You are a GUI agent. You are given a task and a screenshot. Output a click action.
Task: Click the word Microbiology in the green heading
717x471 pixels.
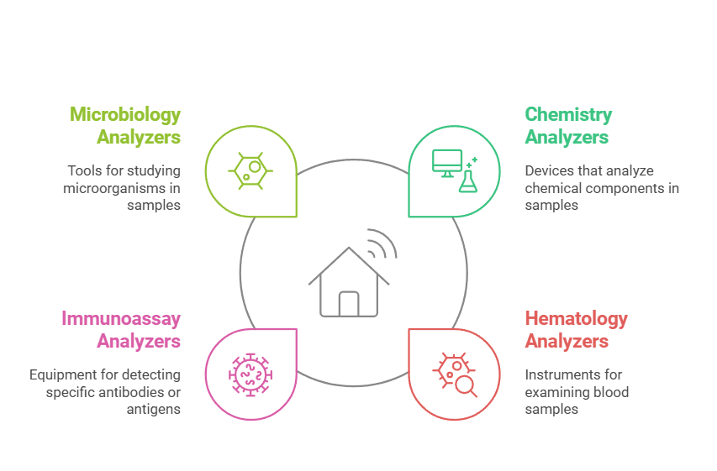[x=125, y=115]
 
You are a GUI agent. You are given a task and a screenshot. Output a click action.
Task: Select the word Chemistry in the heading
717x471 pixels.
[x=568, y=115]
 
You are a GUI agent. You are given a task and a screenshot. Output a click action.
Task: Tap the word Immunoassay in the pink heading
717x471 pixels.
[x=121, y=319]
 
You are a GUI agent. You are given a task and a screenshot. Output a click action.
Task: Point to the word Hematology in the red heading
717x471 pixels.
[x=576, y=319]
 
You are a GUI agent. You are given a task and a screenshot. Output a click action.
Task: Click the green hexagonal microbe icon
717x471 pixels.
[x=250, y=171]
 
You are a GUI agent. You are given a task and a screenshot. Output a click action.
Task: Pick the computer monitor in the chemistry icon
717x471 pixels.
[x=446, y=163]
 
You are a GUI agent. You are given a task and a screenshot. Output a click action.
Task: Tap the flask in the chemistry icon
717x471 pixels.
[x=468, y=181]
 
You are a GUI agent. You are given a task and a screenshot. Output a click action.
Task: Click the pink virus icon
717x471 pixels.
[x=250, y=375]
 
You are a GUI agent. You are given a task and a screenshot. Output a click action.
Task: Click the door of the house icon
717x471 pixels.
[x=349, y=304]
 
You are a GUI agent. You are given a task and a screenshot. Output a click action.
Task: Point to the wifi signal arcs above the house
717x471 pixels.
[x=382, y=243]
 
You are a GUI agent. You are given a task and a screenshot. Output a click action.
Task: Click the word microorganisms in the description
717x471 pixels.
[x=115, y=188]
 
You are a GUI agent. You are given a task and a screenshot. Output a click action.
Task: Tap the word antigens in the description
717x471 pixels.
[x=154, y=411]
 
